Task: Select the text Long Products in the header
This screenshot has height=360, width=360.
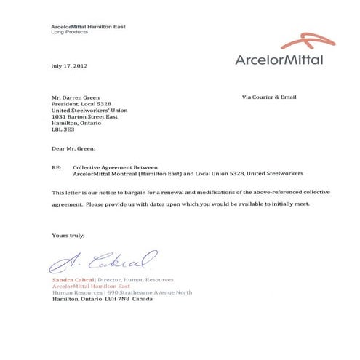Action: pos(69,33)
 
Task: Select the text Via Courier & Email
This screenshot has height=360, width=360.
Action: pos(268,97)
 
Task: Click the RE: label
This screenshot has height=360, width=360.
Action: pos(57,167)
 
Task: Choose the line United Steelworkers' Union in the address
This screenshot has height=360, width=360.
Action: pos(89,110)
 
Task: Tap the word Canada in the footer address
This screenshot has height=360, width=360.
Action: pos(143,299)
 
